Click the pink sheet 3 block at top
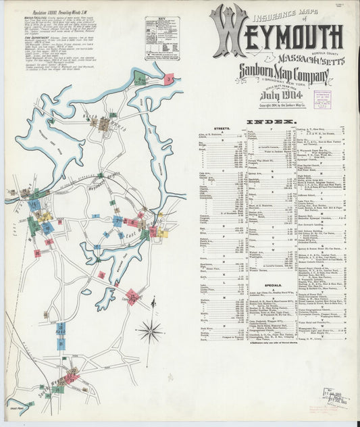pos(168,80)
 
